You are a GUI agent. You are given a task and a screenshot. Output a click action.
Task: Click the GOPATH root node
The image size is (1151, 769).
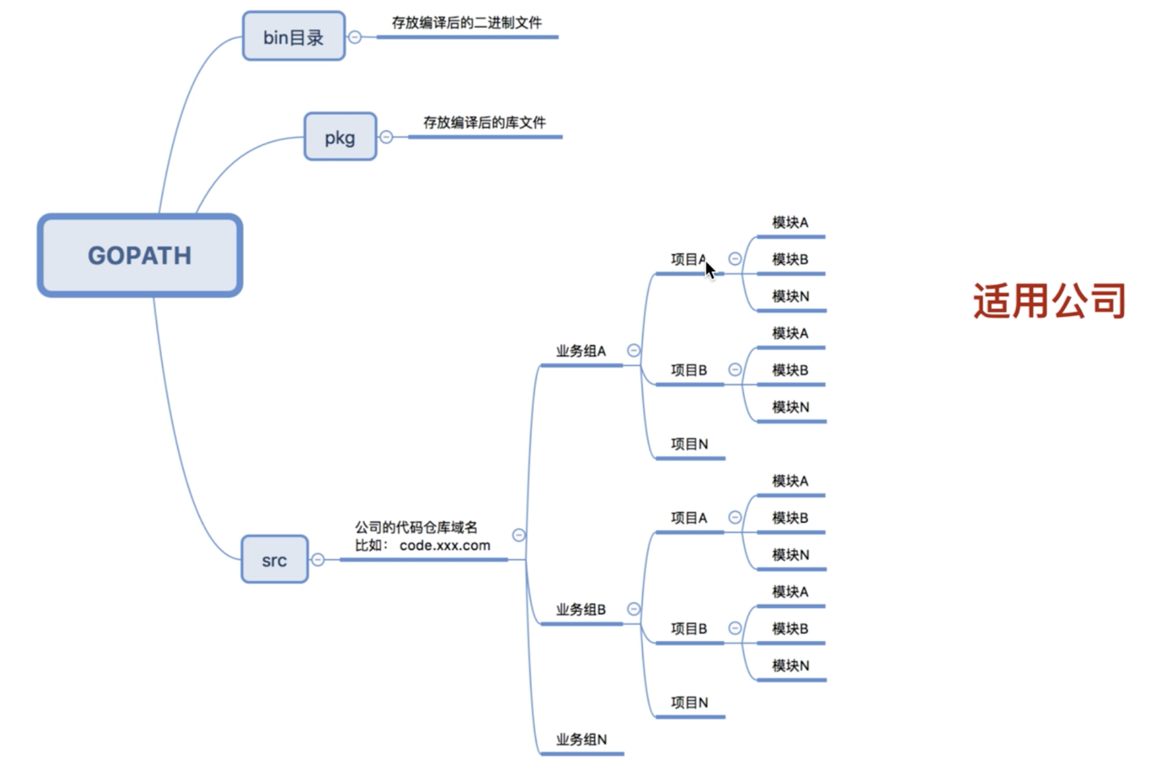coord(140,255)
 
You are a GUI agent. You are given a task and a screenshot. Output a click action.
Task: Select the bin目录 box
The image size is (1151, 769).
coord(293,37)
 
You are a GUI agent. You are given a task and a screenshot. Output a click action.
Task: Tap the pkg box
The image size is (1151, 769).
coord(340,137)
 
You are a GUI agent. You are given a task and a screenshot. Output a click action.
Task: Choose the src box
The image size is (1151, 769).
coord(274,560)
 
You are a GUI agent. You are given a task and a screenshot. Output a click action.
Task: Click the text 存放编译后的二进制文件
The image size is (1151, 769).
coord(467,23)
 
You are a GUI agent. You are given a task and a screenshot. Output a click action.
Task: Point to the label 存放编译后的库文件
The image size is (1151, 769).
coord(484,123)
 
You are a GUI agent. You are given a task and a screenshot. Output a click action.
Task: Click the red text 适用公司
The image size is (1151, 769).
coord(1049,301)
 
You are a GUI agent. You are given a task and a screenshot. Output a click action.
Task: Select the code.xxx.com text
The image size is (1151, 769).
coord(445,545)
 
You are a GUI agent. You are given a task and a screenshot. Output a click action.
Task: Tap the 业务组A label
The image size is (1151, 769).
coord(580,351)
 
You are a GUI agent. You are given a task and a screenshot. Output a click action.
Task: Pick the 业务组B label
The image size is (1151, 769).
coord(580,610)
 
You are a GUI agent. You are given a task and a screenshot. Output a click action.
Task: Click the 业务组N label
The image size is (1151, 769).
coord(581,739)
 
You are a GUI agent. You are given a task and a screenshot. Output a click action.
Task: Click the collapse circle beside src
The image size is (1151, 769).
coord(318,560)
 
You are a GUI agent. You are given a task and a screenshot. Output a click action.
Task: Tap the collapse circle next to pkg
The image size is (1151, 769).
coord(386,137)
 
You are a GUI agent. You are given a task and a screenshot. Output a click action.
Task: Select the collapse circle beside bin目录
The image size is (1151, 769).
coord(355,37)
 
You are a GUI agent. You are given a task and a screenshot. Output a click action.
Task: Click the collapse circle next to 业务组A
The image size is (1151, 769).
coord(634,350)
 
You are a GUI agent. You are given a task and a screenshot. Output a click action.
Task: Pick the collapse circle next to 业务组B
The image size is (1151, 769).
coord(634,609)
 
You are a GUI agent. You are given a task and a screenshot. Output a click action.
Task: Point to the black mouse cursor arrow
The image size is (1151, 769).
coord(710,270)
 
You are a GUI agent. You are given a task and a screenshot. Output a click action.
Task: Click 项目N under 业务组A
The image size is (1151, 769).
coord(689,444)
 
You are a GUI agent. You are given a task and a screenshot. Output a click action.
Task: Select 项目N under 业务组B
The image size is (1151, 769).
coord(689,703)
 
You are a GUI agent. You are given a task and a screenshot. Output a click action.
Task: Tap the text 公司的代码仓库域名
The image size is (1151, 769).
coord(416,528)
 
